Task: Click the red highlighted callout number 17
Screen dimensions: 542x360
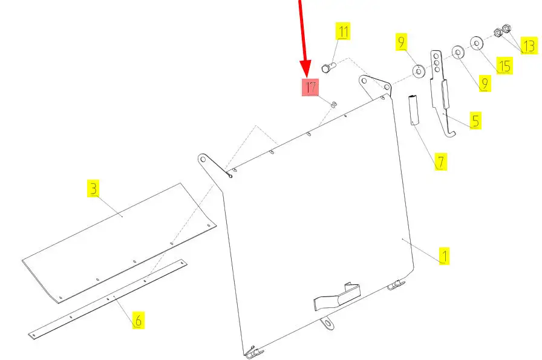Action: (x=310, y=87)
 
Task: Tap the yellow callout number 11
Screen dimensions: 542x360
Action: (x=343, y=31)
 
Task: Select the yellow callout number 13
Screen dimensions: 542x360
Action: (x=529, y=45)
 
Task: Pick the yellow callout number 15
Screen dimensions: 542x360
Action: (x=504, y=66)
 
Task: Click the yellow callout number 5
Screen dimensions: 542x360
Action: (x=475, y=120)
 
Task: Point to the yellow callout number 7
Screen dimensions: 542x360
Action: (x=441, y=162)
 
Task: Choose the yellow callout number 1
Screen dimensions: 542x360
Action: (x=444, y=256)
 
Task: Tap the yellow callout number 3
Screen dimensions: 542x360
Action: (x=93, y=189)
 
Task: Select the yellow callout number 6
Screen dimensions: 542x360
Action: (x=139, y=320)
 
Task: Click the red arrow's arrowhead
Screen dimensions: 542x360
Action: (x=305, y=69)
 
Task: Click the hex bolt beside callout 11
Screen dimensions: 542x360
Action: (x=328, y=67)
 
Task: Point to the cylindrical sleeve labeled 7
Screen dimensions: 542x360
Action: (x=413, y=110)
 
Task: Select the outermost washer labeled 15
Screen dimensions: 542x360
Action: (x=477, y=43)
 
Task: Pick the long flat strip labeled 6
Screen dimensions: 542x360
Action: (x=108, y=299)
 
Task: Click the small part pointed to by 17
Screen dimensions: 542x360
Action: (x=334, y=104)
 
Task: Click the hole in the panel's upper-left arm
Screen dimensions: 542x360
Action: (x=203, y=159)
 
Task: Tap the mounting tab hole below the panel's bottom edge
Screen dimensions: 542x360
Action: (x=327, y=323)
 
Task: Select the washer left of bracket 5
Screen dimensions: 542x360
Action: (x=419, y=71)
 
